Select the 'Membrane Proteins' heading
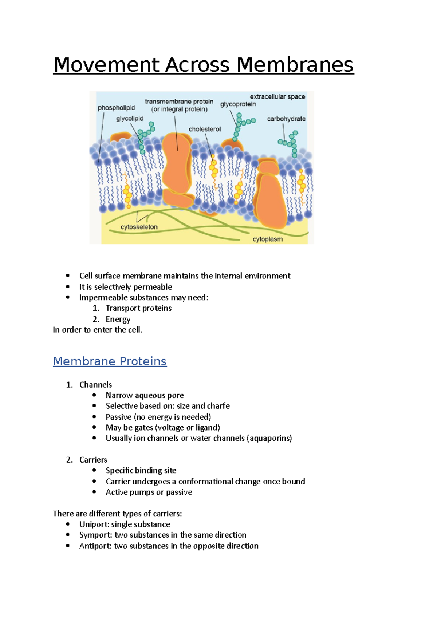[x=110, y=361]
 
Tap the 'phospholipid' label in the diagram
[x=116, y=108]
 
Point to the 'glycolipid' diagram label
[x=130, y=119]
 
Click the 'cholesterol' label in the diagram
[x=204, y=129]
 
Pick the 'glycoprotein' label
[x=238, y=104]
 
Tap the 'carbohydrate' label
[x=286, y=119]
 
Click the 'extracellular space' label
[x=277, y=97]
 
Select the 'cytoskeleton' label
[x=139, y=227]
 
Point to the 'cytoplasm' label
[x=268, y=239]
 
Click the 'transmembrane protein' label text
[x=179, y=102]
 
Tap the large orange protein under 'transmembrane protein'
[x=177, y=164]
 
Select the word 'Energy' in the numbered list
[x=118, y=319]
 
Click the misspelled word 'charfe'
[x=219, y=406]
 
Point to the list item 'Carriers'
[x=93, y=460]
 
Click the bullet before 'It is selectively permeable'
[x=68, y=287]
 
